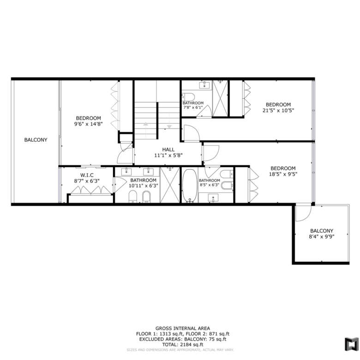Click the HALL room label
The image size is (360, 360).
point(168,150)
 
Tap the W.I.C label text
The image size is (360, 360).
point(87,175)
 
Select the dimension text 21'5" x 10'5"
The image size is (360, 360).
point(278,110)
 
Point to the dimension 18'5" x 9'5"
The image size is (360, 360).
point(283,174)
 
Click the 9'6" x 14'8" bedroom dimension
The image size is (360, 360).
point(88,124)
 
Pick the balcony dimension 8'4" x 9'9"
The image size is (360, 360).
point(321,236)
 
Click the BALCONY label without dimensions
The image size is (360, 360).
point(36,140)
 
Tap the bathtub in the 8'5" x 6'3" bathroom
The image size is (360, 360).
point(190,186)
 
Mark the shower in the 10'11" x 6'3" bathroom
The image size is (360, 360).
point(170,185)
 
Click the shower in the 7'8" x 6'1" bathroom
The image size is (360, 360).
point(220,98)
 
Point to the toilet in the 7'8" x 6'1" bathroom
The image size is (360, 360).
point(188,97)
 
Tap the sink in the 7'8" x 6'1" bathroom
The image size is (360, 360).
point(204,85)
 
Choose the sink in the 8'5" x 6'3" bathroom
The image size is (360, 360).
point(213,198)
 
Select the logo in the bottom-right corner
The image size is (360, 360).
point(352,344)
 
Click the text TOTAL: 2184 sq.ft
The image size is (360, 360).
point(183,344)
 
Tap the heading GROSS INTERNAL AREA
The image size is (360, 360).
point(183,329)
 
